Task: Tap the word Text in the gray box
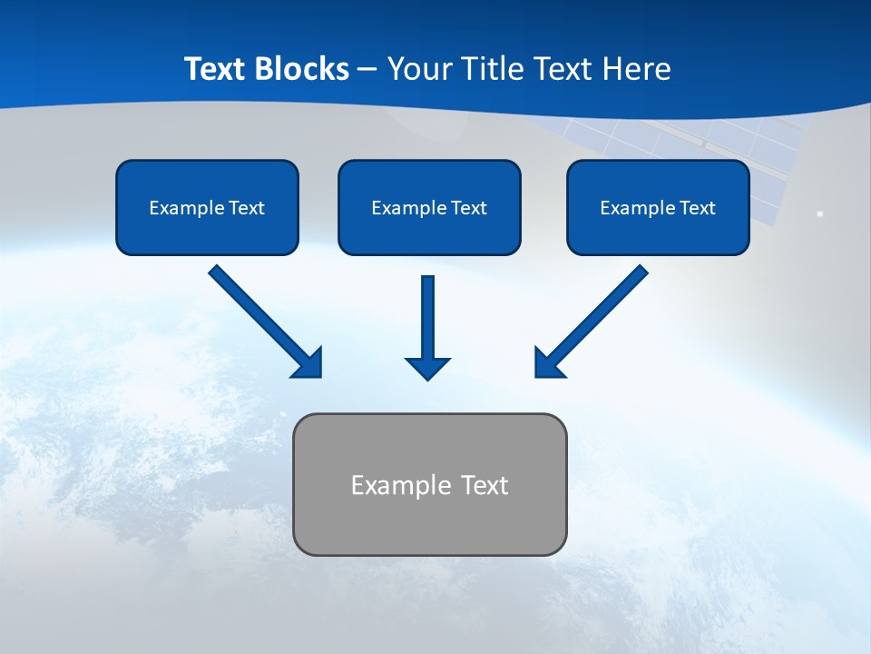pyautogui.click(x=485, y=485)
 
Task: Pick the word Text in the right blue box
pyautogui.click(x=698, y=208)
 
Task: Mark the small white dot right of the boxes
pyautogui.click(x=820, y=213)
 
